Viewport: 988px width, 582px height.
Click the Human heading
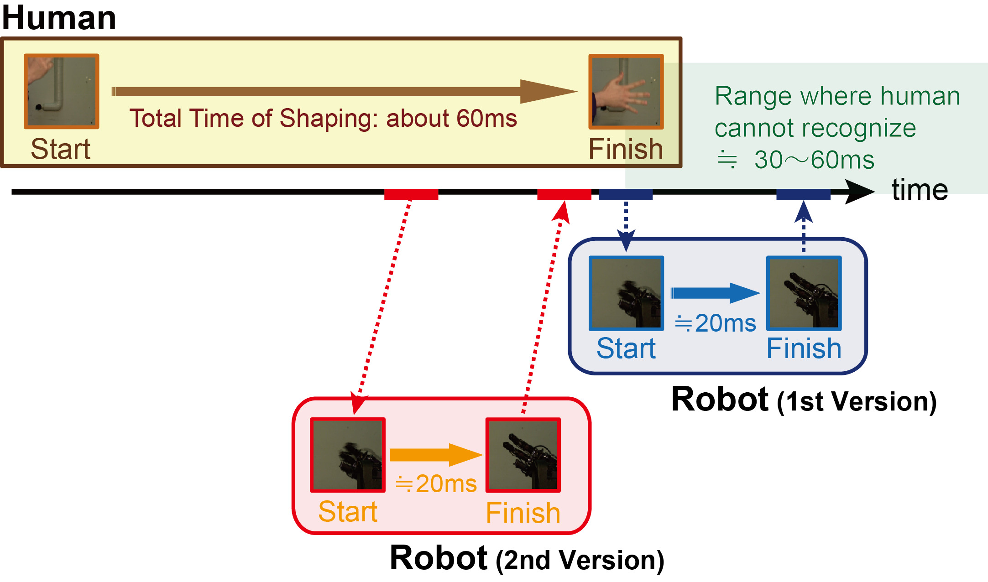coord(59,18)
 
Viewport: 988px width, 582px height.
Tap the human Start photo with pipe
coord(62,91)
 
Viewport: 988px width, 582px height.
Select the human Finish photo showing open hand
coord(626,91)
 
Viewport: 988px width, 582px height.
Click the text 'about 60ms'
coord(451,119)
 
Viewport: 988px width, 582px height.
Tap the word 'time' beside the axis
coord(919,190)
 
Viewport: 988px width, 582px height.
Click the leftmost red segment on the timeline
coord(411,194)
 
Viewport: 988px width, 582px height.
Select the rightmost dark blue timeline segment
coord(803,194)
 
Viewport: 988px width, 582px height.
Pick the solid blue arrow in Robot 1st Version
coord(715,293)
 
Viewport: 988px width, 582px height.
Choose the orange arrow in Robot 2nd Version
coord(435,454)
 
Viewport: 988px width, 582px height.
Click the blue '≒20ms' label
coord(715,323)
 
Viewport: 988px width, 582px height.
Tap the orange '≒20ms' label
coord(436,484)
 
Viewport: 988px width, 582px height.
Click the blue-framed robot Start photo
coord(626,293)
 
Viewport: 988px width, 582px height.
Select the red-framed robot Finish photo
coord(523,455)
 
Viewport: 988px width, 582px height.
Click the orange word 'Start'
coord(348,511)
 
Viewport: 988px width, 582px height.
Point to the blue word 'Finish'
coord(804,349)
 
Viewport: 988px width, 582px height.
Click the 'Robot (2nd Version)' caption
coord(527,559)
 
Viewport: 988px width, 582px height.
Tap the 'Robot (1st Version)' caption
coord(804,400)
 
